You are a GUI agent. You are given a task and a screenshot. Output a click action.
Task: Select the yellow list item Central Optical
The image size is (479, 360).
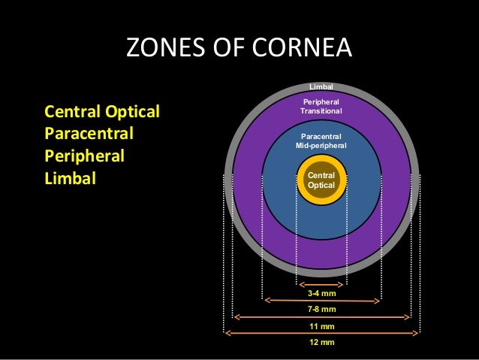[x=103, y=113]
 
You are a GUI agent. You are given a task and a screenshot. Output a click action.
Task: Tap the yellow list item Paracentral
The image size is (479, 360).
[x=89, y=135]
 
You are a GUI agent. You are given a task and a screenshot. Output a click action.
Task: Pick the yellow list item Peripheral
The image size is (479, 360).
[x=85, y=158]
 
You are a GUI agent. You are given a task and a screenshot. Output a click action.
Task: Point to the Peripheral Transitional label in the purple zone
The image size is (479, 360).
[x=321, y=106]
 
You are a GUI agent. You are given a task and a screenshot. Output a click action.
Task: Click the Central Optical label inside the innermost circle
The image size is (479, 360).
[x=321, y=179]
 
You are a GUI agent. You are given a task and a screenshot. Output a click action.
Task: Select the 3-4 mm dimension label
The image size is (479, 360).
[x=321, y=294]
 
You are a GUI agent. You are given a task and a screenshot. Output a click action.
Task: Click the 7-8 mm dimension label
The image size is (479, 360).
[x=321, y=310]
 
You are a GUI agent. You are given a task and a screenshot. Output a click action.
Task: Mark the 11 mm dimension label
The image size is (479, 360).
[x=321, y=326]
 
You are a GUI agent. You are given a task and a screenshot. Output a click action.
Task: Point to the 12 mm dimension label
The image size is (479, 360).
[x=321, y=343]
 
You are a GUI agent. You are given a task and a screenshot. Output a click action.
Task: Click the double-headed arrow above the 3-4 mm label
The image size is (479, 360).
[x=321, y=284]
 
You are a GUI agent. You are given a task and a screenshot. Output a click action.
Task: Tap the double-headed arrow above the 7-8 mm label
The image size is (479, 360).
[x=321, y=301]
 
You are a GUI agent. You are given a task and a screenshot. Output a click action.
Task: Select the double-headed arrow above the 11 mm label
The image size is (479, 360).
[x=321, y=317]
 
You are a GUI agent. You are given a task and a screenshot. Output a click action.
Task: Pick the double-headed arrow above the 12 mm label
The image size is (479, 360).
[x=321, y=333]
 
